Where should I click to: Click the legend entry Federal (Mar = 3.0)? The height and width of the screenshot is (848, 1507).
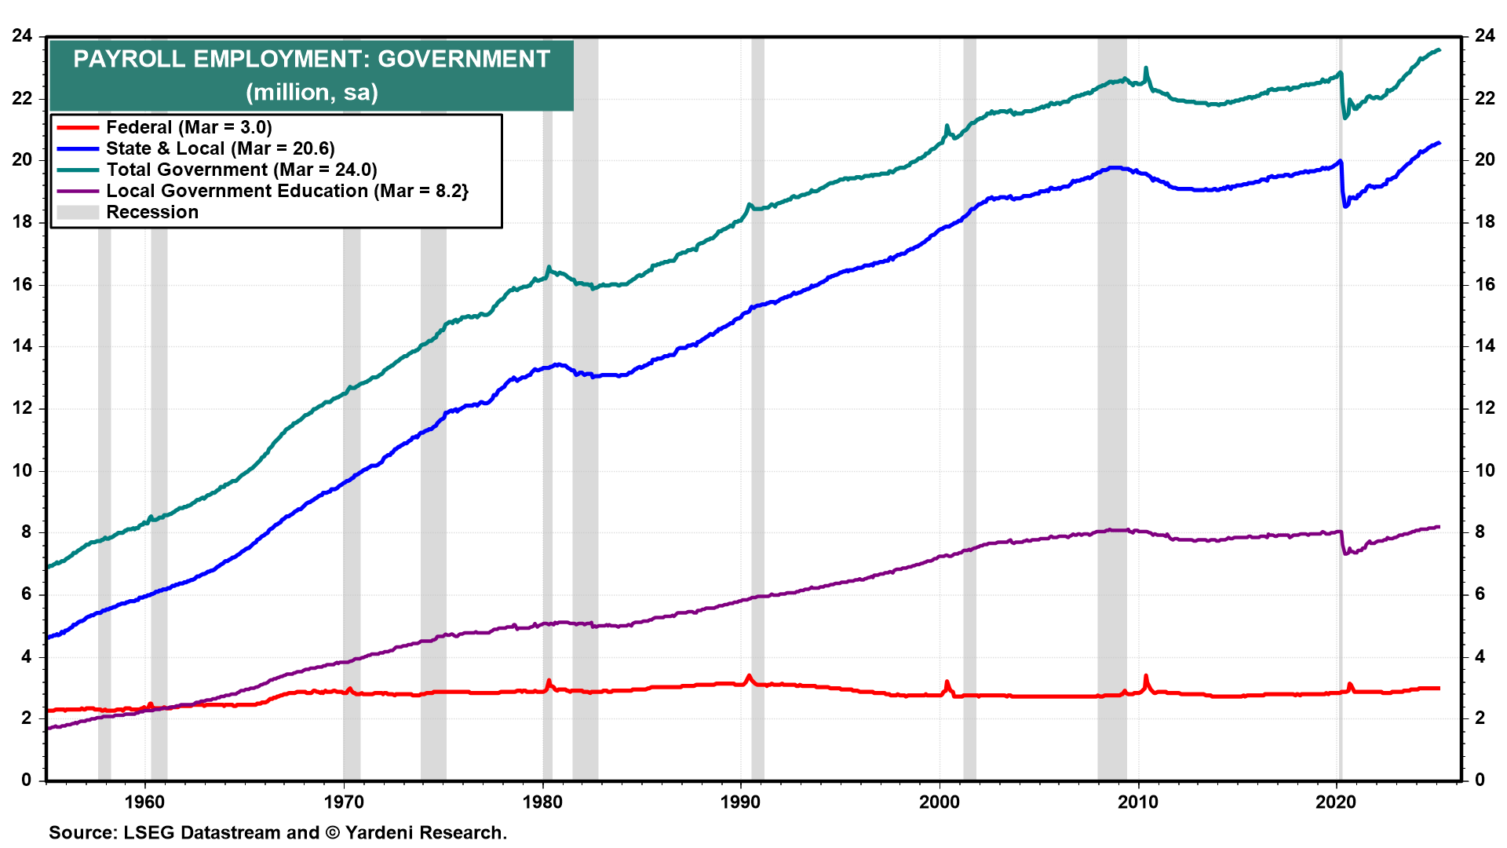point(188,127)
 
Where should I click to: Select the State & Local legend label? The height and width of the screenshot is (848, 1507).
point(220,148)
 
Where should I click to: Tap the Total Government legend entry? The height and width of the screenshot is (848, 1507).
point(241,170)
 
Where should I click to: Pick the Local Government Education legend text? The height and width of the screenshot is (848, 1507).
point(286,191)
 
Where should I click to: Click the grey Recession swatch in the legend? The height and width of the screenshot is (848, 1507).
point(78,212)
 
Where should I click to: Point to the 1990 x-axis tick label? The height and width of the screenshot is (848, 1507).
point(740,802)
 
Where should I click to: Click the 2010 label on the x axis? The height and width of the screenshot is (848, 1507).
point(1137,802)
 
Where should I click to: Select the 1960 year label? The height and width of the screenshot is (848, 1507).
point(145,802)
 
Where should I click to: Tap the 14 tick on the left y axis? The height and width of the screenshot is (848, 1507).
point(22,345)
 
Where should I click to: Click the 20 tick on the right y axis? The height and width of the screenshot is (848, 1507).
point(1484,159)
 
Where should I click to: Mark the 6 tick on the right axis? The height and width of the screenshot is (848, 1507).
point(1480,594)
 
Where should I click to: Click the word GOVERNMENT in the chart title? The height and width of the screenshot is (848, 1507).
point(464,60)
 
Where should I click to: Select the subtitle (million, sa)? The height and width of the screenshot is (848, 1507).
point(312,93)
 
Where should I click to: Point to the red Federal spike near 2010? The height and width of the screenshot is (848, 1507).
point(1146,677)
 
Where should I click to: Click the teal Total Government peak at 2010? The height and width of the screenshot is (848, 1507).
point(1146,68)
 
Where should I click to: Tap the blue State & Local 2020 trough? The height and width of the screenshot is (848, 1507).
point(1345,207)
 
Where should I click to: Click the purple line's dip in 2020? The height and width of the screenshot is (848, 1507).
point(1346,554)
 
